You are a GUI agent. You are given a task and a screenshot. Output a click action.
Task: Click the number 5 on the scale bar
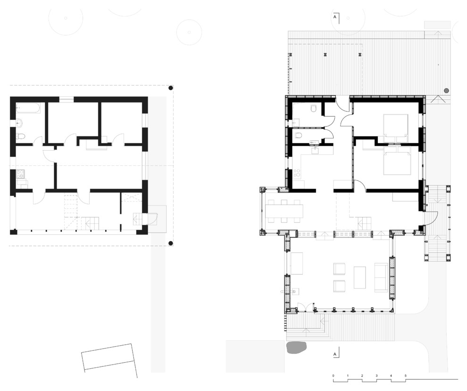coord(405,376)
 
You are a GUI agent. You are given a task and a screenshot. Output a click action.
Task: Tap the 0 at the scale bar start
coord(334,376)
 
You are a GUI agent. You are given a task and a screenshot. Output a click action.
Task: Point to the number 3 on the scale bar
coord(376,376)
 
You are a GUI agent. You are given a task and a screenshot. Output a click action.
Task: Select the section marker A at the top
coord(335,17)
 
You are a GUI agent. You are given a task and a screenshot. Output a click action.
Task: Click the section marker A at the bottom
coord(335,354)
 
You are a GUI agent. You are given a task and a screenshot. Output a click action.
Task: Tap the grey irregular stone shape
coord(296,348)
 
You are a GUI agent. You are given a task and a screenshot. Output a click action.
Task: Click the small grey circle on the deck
coord(446,91)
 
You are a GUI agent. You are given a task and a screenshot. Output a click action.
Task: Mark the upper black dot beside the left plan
coord(171,88)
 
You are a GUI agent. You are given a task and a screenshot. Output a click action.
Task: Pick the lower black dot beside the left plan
coord(171,243)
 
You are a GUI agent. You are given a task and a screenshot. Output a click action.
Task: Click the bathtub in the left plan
coord(28,108)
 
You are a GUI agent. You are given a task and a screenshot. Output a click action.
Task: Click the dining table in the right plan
coord(284,211)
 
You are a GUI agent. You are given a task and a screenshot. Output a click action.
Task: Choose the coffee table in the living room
coord(360,277)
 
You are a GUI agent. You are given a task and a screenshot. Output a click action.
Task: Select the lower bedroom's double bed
coord(397,160)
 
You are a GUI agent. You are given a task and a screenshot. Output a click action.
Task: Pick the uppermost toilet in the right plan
coord(314,109)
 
